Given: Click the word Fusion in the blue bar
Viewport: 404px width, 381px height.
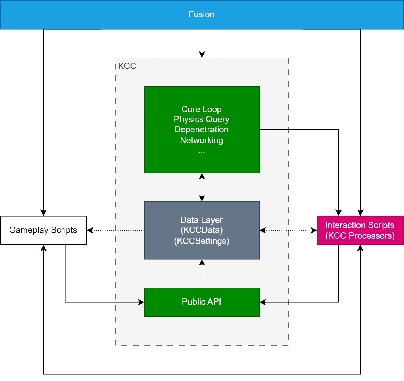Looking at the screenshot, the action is [201, 14].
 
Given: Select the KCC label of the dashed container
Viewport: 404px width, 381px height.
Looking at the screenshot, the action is [127, 66].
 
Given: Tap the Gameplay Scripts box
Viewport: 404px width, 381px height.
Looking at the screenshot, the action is [43, 230].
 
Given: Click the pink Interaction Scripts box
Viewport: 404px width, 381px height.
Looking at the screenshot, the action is [360, 230].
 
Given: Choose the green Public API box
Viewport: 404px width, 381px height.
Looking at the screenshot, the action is [202, 302].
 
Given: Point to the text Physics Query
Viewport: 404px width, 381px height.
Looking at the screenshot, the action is [201, 120].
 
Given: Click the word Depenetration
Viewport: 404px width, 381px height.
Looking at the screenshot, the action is [201, 129].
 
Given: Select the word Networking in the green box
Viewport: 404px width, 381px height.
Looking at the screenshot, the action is [201, 140].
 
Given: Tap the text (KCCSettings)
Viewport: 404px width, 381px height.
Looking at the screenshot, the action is [201, 241].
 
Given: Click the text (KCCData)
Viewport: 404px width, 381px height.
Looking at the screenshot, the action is [201, 230].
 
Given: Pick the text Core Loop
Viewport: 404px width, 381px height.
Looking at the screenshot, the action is [201, 109].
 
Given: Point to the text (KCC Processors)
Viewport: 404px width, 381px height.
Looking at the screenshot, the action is [360, 236].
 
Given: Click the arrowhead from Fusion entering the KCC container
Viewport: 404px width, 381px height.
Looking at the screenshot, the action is [202, 55].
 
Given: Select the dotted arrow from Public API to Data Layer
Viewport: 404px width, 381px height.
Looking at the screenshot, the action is [202, 273].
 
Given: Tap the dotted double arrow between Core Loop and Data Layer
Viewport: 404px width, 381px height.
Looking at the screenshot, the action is [202, 187].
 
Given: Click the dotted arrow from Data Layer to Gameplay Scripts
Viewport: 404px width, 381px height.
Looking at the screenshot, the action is [115, 230].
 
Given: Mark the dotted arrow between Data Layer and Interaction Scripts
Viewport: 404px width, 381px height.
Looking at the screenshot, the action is [288, 230].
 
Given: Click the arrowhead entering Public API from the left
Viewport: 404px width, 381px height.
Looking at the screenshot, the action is [141, 302].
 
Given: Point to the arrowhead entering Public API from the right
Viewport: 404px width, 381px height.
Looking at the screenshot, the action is [263, 302].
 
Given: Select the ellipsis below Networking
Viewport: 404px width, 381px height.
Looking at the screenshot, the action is [201, 152].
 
